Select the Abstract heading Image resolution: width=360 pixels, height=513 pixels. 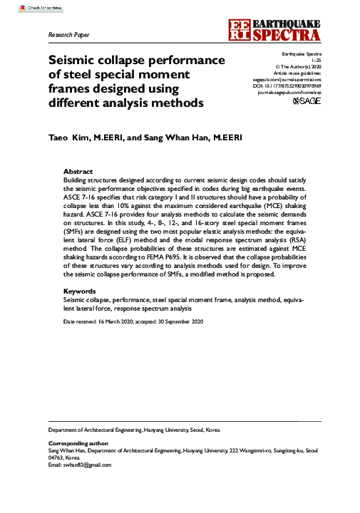click(78, 172)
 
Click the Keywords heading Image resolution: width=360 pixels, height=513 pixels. click(80, 291)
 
